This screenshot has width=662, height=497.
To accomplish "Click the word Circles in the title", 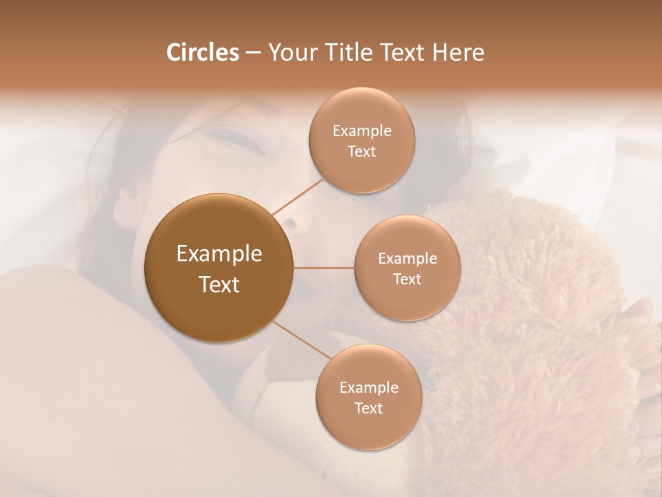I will pyautogui.click(x=202, y=52).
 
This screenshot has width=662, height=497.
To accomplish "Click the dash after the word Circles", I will pyautogui.click(x=253, y=53).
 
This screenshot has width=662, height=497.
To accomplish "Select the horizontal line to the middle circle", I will pyautogui.click(x=323, y=268).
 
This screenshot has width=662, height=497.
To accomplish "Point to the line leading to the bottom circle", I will pyautogui.click(x=301, y=340).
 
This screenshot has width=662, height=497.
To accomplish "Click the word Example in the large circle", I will pyautogui.click(x=219, y=254).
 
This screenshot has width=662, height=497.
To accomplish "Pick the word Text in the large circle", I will pyautogui.click(x=219, y=284).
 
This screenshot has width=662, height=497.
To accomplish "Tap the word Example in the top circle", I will pyautogui.click(x=362, y=131).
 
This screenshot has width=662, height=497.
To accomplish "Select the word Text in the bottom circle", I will pyautogui.click(x=368, y=408).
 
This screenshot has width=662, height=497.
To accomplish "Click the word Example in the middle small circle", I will pyautogui.click(x=408, y=259).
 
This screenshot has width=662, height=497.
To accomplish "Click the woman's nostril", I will pyautogui.click(x=290, y=223).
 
